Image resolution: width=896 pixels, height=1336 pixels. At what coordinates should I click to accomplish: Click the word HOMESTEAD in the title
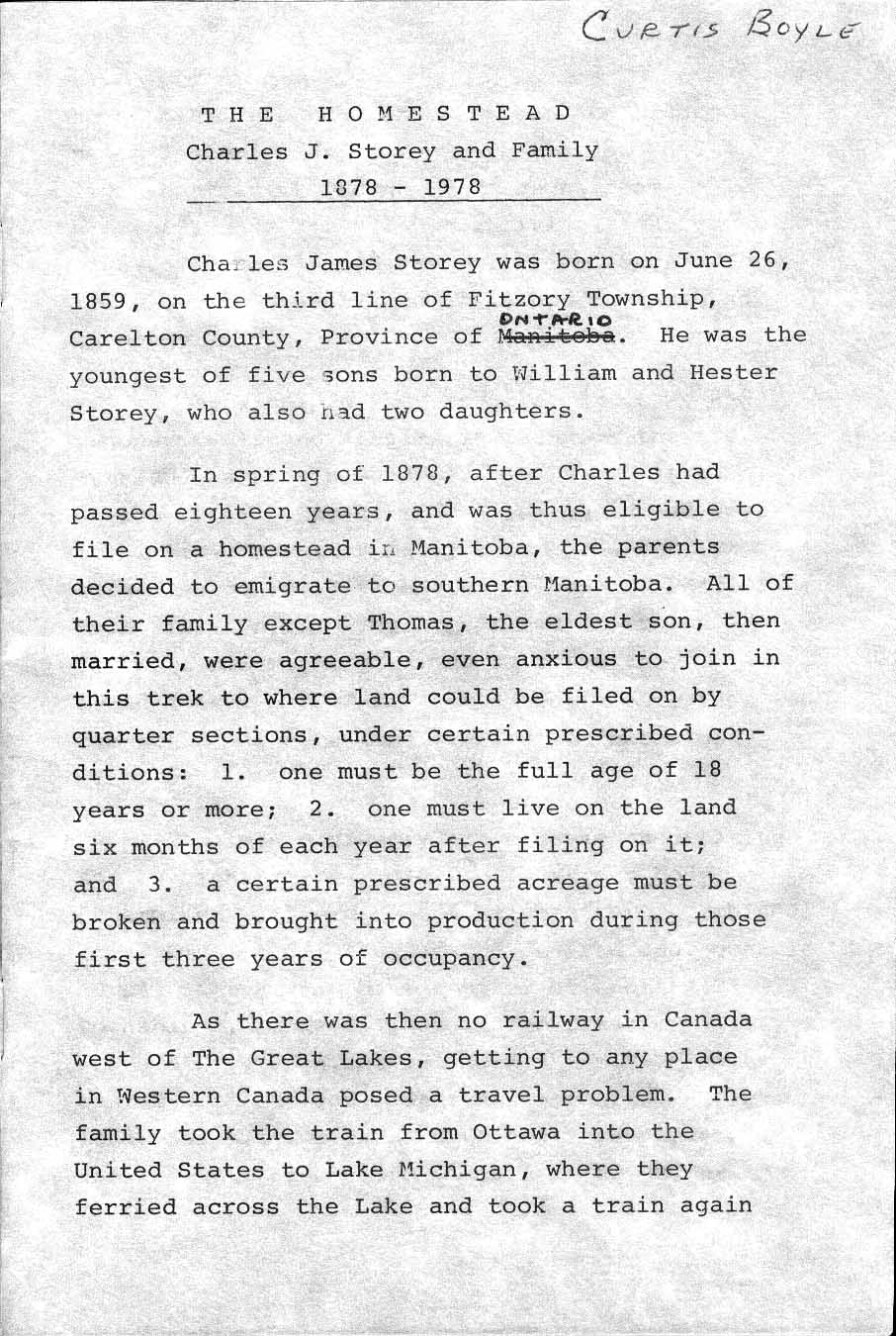(444, 113)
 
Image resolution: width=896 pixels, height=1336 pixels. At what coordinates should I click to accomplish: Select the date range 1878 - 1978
(401, 187)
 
